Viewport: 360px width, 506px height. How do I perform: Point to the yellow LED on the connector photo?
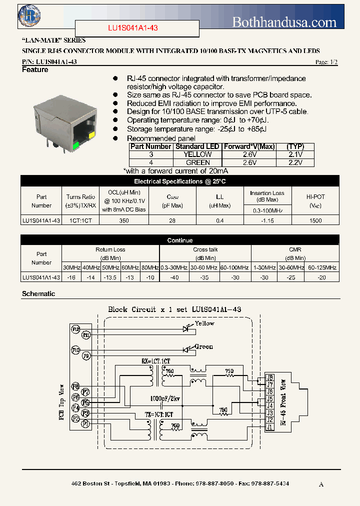click(91, 135)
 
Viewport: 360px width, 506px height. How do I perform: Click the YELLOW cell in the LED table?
click(197, 154)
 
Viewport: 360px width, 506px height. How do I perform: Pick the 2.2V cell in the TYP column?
click(295, 162)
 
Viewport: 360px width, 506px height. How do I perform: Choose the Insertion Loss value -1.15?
click(267, 220)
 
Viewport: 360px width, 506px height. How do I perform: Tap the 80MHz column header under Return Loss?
click(149, 267)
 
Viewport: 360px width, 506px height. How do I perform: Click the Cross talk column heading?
click(205, 249)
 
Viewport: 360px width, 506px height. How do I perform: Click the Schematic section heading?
click(38, 294)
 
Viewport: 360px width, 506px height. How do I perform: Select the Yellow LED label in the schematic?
click(204, 323)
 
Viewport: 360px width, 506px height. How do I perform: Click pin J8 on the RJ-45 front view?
click(270, 377)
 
